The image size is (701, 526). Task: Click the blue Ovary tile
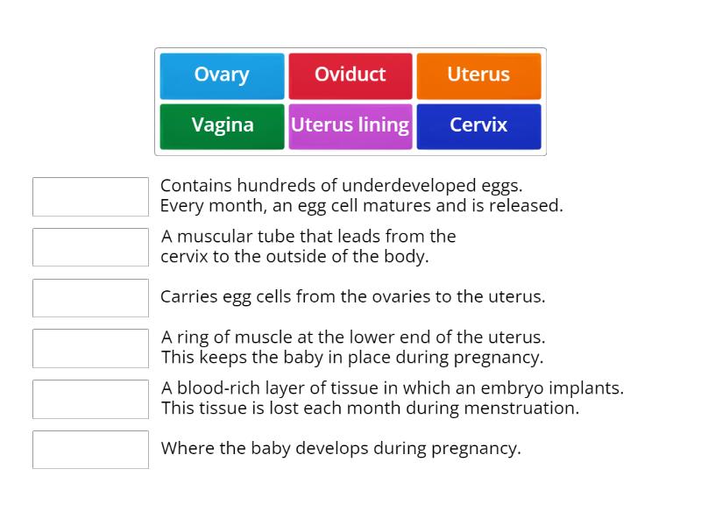[222, 75]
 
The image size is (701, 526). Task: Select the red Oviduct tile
[350, 75]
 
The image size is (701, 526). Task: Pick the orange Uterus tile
[478, 75]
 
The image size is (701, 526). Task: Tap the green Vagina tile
[222, 125]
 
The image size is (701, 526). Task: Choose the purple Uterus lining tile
[350, 125]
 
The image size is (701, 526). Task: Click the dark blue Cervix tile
[478, 125]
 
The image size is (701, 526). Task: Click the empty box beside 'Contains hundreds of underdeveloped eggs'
[90, 196]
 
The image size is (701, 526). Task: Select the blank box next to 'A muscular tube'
[90, 247]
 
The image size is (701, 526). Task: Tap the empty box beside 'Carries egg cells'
[90, 297]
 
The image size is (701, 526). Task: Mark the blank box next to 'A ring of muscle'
[90, 348]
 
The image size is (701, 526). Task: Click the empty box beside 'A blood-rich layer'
[90, 399]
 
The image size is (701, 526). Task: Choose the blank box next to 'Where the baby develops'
[90, 449]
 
